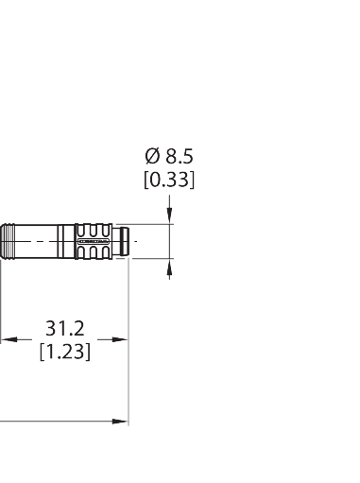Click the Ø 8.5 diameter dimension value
pyautogui.click(x=169, y=156)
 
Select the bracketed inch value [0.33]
pyautogui.click(x=169, y=179)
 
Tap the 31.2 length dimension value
pyautogui.click(x=65, y=329)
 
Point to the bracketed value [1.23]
pyautogui.click(x=65, y=354)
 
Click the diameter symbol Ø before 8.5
pyautogui.click(x=150, y=156)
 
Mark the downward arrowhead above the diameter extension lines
pyautogui.click(x=169, y=218)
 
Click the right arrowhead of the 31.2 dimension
pyautogui.click(x=120, y=339)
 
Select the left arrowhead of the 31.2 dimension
pyautogui.click(x=8, y=339)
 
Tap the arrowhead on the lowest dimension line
pyautogui.click(x=120, y=422)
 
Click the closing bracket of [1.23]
pyautogui.click(x=89, y=354)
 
